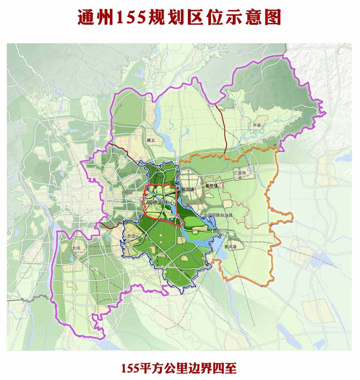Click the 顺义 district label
[x=151, y=140]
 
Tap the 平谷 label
[x=257, y=125]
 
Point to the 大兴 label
[x=76, y=248]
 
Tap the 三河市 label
[x=239, y=173]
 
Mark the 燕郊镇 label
[x=188, y=189]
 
